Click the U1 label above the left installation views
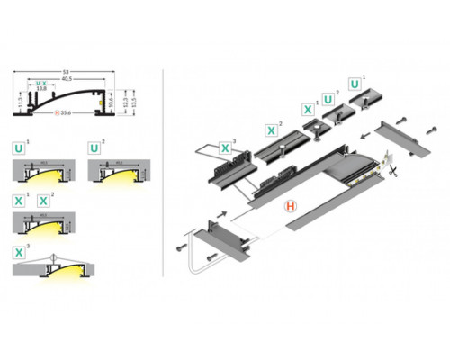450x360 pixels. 19,146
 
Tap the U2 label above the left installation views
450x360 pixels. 93,146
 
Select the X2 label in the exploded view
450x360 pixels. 269,129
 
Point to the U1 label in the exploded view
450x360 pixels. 355,84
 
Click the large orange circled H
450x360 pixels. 291,206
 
